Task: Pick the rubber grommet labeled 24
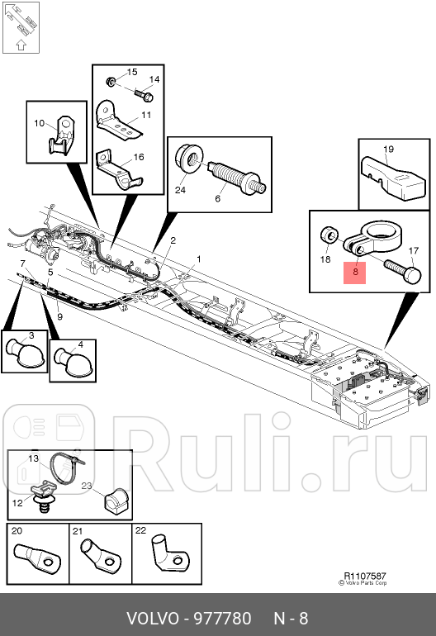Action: coord(188,157)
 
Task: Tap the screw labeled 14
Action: coord(136,97)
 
